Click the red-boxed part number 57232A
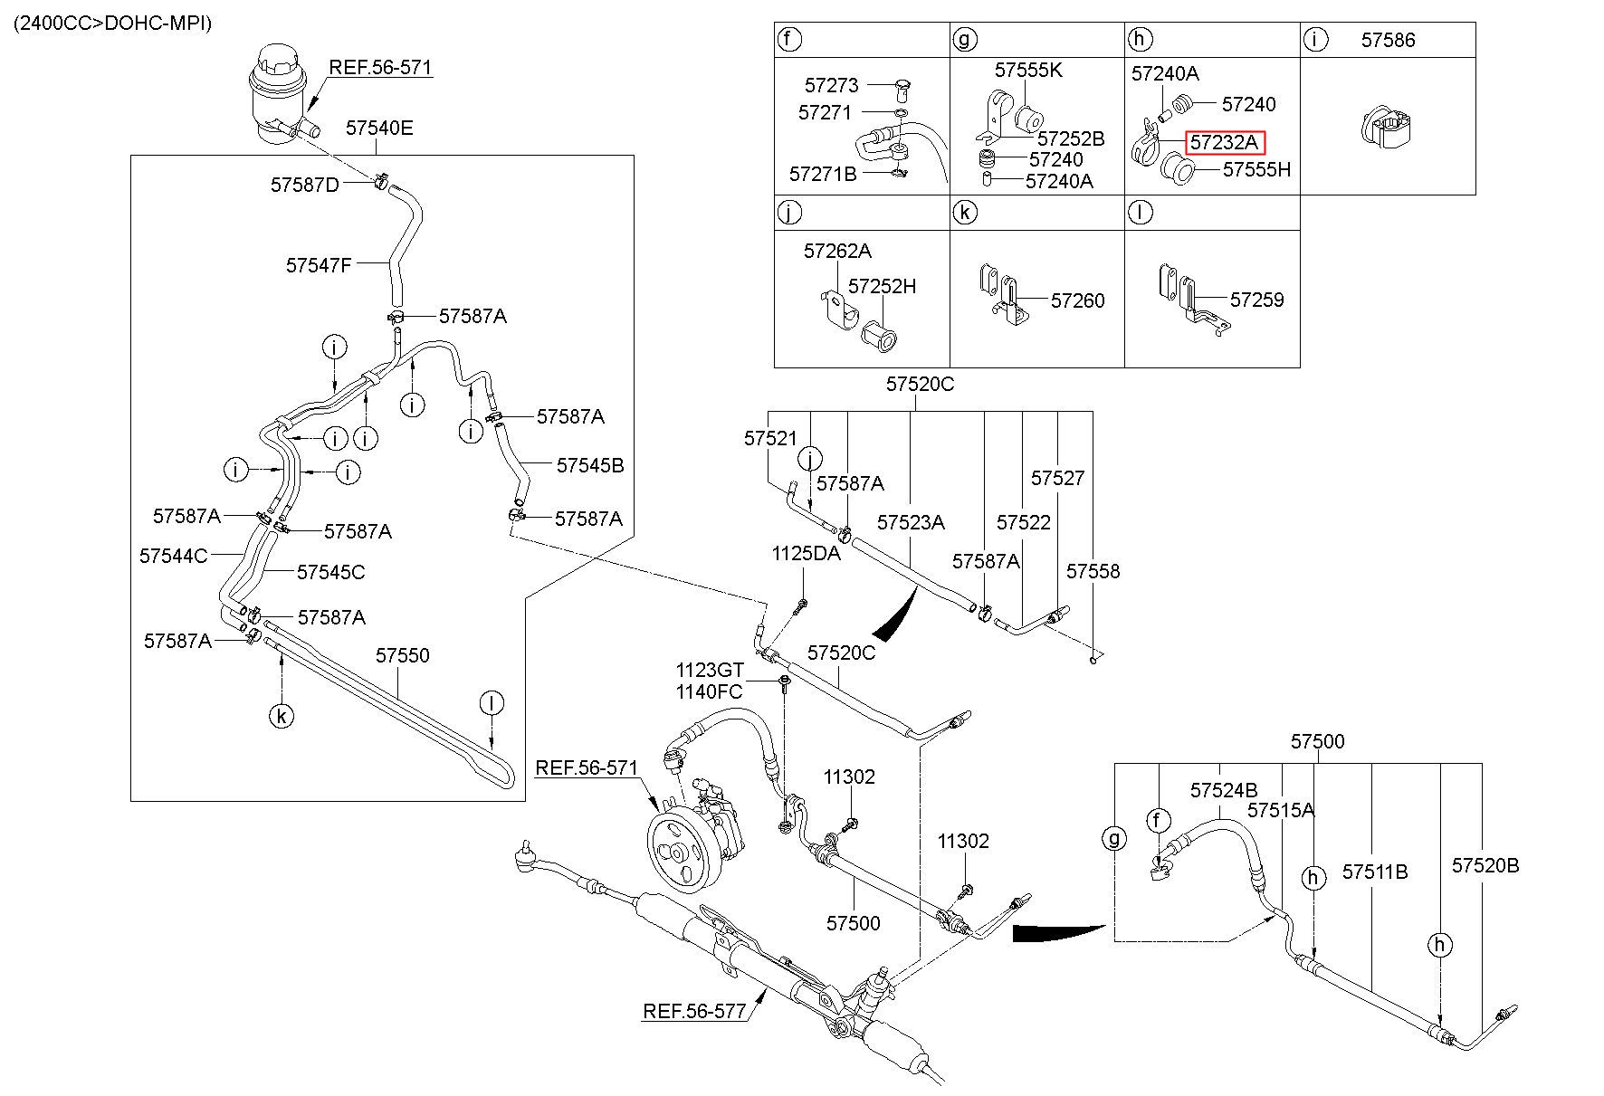pyautogui.click(x=1224, y=142)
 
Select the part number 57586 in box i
pyautogui.click(x=1388, y=40)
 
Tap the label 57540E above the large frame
pyautogui.click(x=379, y=128)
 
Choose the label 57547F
pyautogui.click(x=319, y=265)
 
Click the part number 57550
pyautogui.click(x=403, y=654)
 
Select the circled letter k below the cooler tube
pyautogui.click(x=282, y=717)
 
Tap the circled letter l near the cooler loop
pyautogui.click(x=492, y=703)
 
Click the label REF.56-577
pyautogui.click(x=694, y=1010)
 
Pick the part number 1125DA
pyautogui.click(x=806, y=553)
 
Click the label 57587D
pyautogui.click(x=305, y=185)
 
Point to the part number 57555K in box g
pyautogui.click(x=1028, y=70)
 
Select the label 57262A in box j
pyautogui.click(x=837, y=251)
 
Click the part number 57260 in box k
pyautogui.click(x=1077, y=300)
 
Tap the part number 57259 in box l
pyautogui.click(x=1256, y=300)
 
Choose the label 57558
pyautogui.click(x=1093, y=571)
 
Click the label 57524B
pyautogui.click(x=1224, y=790)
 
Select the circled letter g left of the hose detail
pyautogui.click(x=1114, y=839)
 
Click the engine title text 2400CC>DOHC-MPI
pyautogui.click(x=112, y=24)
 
